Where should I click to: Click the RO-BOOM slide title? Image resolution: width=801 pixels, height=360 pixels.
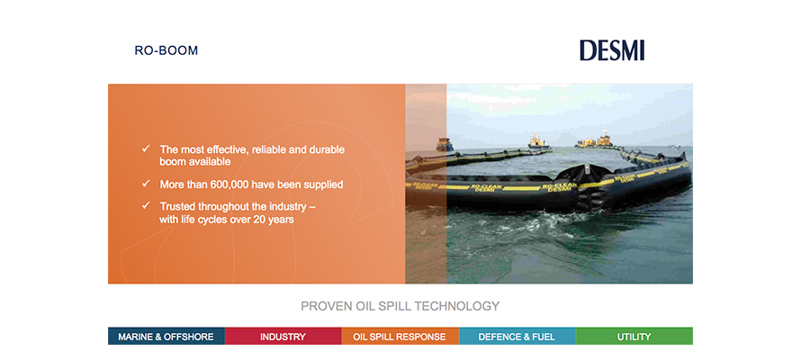pos(166,50)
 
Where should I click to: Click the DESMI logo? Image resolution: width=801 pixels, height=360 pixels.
pos(611,50)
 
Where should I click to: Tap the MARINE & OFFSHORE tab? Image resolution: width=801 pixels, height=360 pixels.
pos(166,337)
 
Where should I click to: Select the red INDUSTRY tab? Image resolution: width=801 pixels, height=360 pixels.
pos(283,337)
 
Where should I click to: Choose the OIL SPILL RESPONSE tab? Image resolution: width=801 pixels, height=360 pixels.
pos(400,337)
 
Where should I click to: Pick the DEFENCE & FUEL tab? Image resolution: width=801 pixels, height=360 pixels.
pos(517,337)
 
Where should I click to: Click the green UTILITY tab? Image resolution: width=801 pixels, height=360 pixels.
pos(634,337)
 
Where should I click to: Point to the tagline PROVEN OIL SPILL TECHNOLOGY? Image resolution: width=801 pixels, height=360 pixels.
pos(400,306)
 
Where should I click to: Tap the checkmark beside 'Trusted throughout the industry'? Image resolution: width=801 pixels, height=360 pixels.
pos(146,205)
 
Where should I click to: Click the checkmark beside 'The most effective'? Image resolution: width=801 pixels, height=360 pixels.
pos(146,148)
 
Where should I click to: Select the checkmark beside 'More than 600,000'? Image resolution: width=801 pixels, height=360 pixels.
pos(146,183)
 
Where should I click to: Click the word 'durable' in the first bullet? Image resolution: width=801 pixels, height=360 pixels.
pos(328,149)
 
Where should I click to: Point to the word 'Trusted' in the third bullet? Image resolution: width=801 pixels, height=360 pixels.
pos(177,207)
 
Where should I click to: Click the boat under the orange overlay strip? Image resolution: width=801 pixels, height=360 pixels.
pos(444,144)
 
